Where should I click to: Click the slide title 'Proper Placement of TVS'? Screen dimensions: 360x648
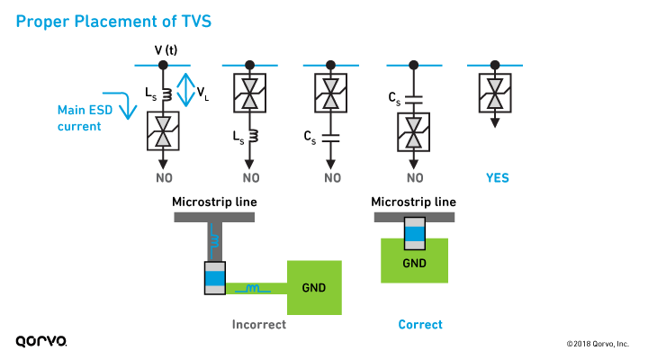click(113, 21)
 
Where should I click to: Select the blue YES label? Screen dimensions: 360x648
click(497, 177)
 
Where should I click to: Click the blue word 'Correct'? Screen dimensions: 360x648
click(420, 324)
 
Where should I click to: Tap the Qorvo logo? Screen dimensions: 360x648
click(40, 341)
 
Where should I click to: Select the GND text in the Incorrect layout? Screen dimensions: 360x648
click(314, 288)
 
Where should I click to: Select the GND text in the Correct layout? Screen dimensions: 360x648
click(414, 264)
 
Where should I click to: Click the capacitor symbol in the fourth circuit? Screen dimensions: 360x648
click(414, 96)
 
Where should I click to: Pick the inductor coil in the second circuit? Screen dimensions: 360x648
click(249, 137)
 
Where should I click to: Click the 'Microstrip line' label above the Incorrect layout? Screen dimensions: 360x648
click(214, 202)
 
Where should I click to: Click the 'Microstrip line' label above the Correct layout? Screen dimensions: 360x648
click(414, 202)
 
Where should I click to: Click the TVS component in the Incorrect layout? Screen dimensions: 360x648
click(214, 279)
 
